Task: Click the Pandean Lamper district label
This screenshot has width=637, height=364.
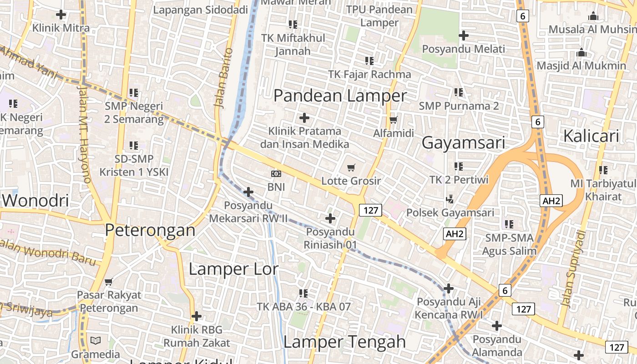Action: click(340, 96)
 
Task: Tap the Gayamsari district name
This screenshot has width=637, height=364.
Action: click(463, 143)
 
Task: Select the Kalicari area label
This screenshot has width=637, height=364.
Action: click(591, 136)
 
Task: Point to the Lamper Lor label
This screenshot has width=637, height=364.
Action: click(233, 269)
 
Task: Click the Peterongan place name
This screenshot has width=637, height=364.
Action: click(150, 230)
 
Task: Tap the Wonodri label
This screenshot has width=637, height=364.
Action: click(35, 200)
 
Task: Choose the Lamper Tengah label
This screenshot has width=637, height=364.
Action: click(344, 342)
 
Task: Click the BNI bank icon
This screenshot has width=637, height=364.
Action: click(276, 173)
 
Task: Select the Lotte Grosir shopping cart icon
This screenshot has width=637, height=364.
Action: click(351, 167)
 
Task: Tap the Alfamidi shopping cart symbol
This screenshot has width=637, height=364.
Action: click(394, 120)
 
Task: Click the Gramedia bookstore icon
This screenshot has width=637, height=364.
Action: click(96, 340)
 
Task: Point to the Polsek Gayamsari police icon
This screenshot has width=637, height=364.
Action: click(450, 199)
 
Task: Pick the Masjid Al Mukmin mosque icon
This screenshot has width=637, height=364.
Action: click(581, 52)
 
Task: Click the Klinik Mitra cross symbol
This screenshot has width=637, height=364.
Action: click(61, 14)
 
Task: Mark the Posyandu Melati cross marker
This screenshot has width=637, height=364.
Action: click(464, 35)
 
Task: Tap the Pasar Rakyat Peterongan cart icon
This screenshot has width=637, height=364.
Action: click(109, 282)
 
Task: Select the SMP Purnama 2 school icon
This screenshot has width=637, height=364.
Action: click(458, 92)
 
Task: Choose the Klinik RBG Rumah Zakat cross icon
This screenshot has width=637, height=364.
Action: click(197, 316)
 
